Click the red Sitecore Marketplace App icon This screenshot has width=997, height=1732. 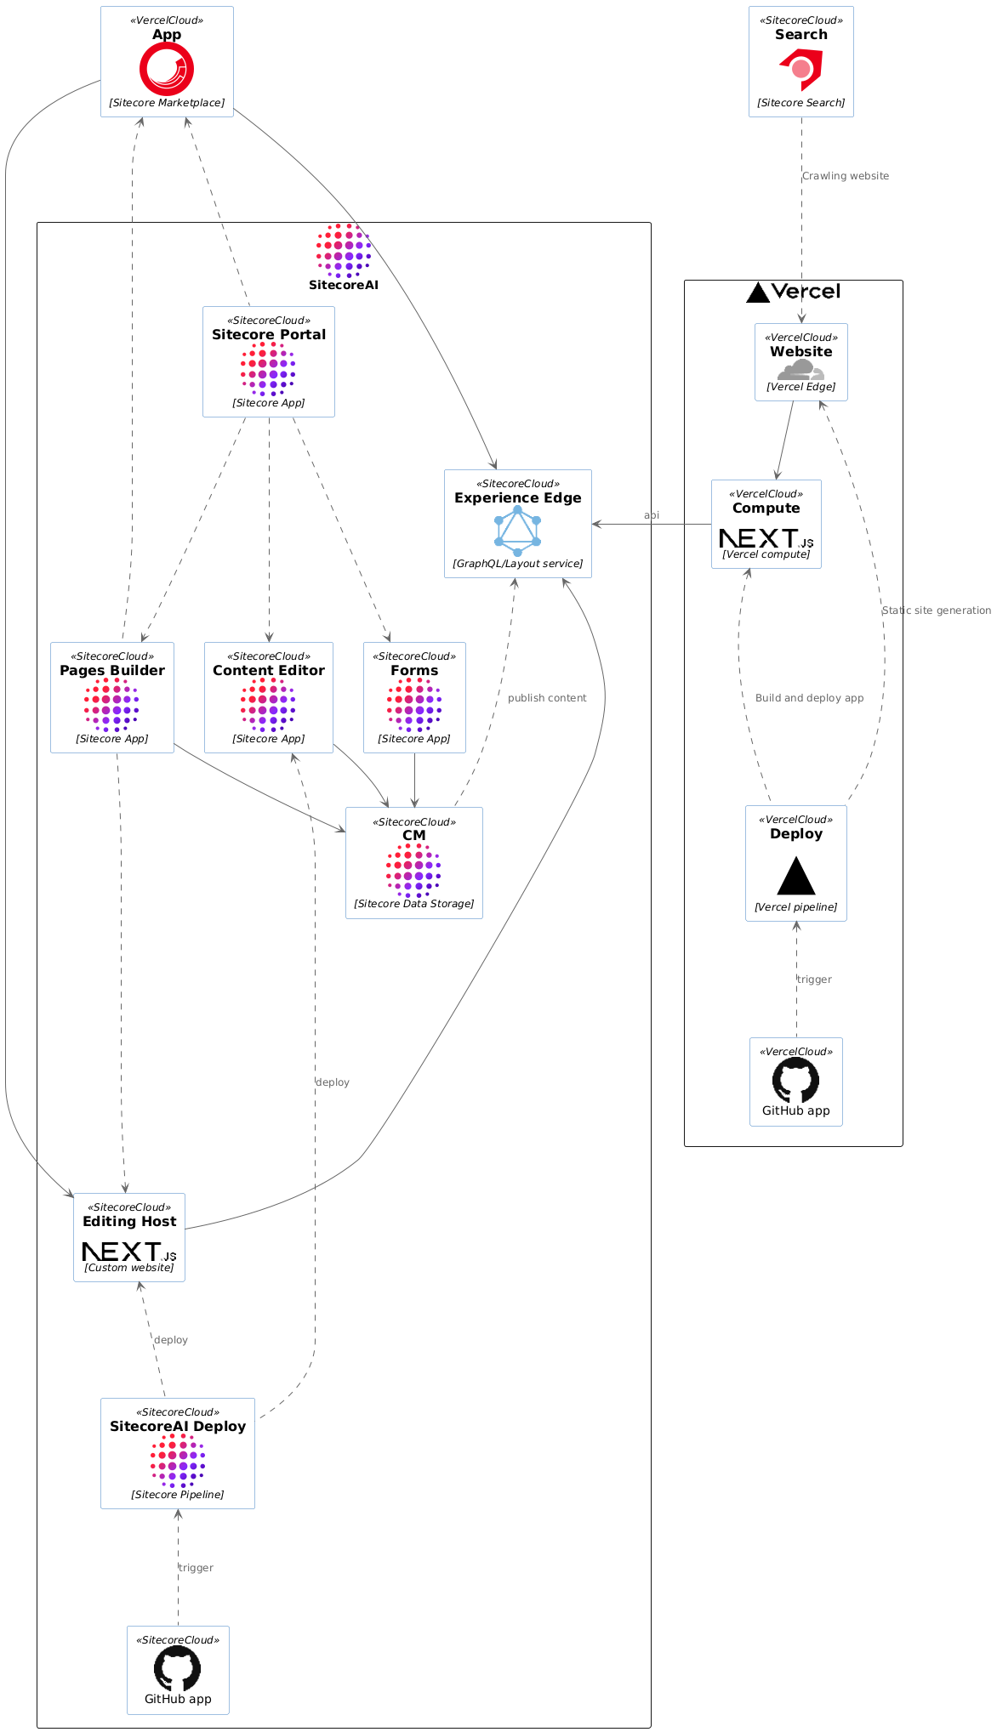click(167, 69)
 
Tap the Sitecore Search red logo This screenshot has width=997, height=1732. click(801, 69)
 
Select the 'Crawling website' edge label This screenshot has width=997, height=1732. click(846, 176)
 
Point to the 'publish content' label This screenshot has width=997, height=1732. click(547, 698)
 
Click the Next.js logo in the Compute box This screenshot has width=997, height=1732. click(766, 538)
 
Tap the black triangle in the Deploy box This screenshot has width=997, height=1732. click(796, 876)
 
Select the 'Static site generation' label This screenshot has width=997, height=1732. click(936, 610)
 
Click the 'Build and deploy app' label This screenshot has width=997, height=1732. click(809, 698)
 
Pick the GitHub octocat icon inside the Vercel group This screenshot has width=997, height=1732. click(796, 1080)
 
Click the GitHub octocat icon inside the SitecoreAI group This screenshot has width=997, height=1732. click(178, 1668)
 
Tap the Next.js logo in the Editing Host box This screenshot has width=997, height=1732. click(129, 1252)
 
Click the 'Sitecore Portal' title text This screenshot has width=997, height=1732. click(269, 335)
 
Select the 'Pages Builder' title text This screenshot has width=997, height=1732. click(112, 671)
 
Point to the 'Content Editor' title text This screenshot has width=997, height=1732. click(269, 671)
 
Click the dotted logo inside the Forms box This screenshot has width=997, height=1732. click(414, 705)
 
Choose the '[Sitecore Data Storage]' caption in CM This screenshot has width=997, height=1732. click(414, 904)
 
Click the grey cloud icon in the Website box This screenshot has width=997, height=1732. click(800, 370)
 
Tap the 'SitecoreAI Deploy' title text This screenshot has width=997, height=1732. click(178, 1427)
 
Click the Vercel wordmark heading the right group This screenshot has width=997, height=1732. click(805, 292)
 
